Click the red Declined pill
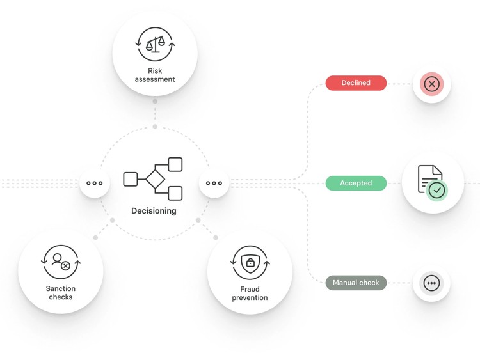[356, 83]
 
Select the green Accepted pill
[356, 184]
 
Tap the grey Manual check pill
[356, 283]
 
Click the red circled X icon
[431, 84]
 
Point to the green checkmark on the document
[437, 191]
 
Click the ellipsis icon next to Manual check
[431, 283]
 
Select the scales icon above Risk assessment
[156, 45]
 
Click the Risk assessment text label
[155, 75]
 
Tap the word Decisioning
[154, 211]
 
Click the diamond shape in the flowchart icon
[156, 179]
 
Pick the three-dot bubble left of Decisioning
[94, 184]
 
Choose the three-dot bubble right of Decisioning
[214, 184]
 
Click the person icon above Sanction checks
[61, 262]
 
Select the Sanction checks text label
[61, 293]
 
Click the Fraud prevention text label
[250, 293]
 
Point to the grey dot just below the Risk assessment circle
[155, 101]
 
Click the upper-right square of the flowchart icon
[175, 164]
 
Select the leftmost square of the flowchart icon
[131, 179]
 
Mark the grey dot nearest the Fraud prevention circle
[216, 238]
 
